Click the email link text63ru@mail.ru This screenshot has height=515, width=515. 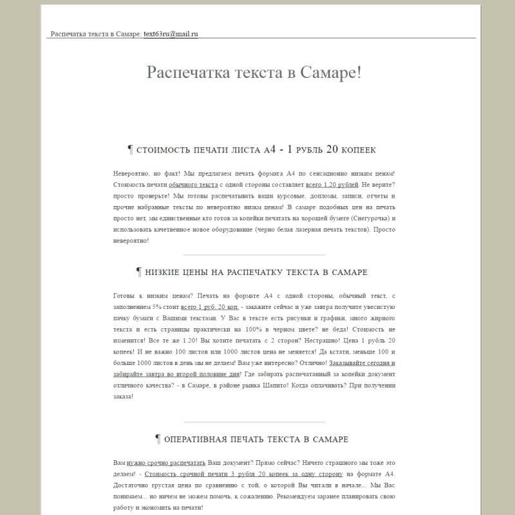click(x=171, y=33)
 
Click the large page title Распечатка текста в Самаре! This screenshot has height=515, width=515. click(x=254, y=71)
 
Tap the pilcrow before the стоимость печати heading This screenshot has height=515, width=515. click(x=130, y=149)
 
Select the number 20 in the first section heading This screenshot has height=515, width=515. click(x=332, y=149)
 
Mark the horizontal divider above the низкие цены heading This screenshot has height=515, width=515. click(x=254, y=255)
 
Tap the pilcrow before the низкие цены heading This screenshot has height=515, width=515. click(x=138, y=272)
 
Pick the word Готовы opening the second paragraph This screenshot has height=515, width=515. click(x=124, y=295)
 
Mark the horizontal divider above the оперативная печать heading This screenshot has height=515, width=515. click(x=254, y=422)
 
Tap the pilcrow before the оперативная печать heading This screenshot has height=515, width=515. click(x=158, y=439)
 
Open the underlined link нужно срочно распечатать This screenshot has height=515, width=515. click(x=166, y=462)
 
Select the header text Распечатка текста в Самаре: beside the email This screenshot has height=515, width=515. click(x=95, y=33)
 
